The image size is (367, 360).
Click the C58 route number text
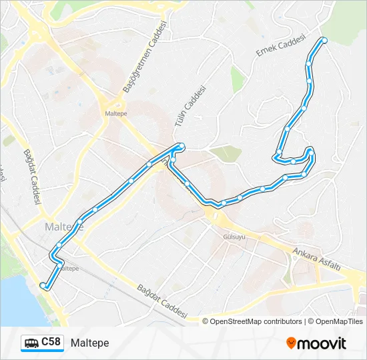pyautogui.click(x=51, y=342)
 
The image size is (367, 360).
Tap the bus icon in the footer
pyautogui.click(x=31, y=343)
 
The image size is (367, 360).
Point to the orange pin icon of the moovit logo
pyautogui.click(x=291, y=343)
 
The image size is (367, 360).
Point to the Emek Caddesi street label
pyautogui.click(x=280, y=45)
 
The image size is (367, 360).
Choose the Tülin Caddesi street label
pyautogui.click(x=189, y=106)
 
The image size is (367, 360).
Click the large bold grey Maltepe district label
pyautogui.click(x=63, y=227)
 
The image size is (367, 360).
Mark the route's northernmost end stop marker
pyautogui.click(x=324, y=41)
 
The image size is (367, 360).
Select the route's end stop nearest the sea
pyautogui.click(x=43, y=285)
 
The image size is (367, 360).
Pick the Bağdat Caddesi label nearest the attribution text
pyautogui.click(x=162, y=301)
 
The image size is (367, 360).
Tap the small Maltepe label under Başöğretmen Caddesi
pyautogui.click(x=115, y=113)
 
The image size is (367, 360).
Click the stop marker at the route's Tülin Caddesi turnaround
pyautogui.click(x=181, y=146)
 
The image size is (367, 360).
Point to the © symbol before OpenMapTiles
pyautogui.click(x=311, y=321)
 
